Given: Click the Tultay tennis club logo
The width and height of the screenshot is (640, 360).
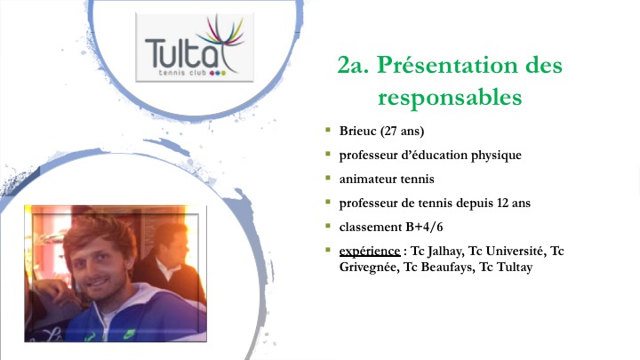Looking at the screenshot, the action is click(x=195, y=47).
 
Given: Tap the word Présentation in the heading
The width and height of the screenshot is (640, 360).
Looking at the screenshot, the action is click(x=469, y=65).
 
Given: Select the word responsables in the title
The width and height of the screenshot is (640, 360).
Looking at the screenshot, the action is click(x=450, y=98).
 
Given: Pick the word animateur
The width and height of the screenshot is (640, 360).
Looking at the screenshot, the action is click(x=368, y=180).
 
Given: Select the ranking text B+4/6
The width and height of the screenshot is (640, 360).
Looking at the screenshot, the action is click(x=424, y=227).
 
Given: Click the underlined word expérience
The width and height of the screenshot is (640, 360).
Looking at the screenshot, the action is click(x=370, y=251).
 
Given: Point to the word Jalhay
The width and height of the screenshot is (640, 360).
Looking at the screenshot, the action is click(x=445, y=251).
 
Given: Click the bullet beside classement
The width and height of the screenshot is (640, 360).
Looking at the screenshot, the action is click(x=328, y=226).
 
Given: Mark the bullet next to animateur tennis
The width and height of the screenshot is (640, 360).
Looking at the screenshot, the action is click(x=328, y=178).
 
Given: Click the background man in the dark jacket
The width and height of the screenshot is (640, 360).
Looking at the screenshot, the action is click(x=170, y=261).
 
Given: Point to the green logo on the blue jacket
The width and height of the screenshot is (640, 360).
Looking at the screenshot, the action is click(x=129, y=335).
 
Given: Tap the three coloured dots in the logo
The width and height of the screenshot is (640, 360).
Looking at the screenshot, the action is click(x=217, y=73).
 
